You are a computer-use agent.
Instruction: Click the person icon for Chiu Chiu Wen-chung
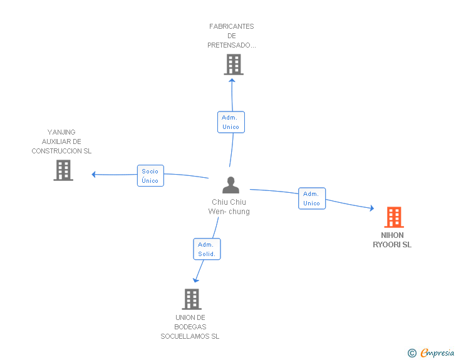pos(231,185)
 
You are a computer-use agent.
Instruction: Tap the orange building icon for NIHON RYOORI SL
pos(394,217)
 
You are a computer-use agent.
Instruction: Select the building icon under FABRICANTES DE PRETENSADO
pos(234,64)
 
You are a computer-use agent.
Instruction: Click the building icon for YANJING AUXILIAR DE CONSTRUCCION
pos(63,170)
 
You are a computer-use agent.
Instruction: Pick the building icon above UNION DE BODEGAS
pos(192,299)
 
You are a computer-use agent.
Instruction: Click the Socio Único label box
pos(150,176)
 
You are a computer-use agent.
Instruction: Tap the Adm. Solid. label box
pos(207,249)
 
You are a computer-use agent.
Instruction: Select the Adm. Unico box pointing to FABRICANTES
pos(231,122)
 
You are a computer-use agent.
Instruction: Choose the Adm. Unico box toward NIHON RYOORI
pos(312,198)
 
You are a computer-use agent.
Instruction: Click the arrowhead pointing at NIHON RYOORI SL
pos(371,208)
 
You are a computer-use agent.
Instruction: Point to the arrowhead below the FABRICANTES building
pos(232,81)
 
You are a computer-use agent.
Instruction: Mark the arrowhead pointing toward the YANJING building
pos(93,175)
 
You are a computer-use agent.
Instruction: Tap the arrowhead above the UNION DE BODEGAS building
pos(195,280)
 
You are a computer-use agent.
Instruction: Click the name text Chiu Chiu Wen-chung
pos(229,207)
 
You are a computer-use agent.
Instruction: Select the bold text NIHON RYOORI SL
pos(392,240)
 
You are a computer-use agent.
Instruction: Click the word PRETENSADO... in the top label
pos(232,45)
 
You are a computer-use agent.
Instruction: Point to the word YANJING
pos(61,132)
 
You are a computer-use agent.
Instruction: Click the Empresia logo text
pos(437,352)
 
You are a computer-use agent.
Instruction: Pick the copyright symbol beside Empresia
pos(412,353)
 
